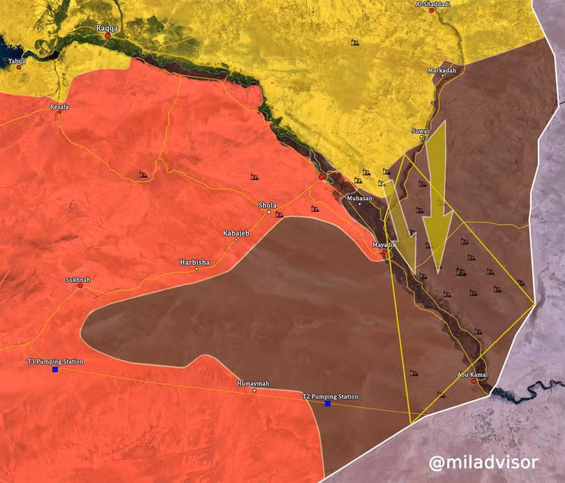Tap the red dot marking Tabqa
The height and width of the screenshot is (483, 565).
tap(19, 67)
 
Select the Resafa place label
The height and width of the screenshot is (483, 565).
tap(59, 107)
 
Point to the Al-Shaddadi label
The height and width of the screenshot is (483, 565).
tap(431, 4)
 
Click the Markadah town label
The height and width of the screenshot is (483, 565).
tap(442, 70)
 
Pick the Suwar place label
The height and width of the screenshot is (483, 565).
tap(421, 130)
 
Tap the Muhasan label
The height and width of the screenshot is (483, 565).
tap(360, 198)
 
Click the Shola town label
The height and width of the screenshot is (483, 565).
tap(267, 205)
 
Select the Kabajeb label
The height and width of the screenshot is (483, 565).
tap(236, 232)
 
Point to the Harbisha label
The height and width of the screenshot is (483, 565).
tap(195, 262)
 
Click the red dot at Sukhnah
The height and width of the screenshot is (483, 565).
tap(80, 285)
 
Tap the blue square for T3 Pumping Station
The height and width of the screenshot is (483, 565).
tap(55, 369)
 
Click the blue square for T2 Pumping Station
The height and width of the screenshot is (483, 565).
tap(327, 403)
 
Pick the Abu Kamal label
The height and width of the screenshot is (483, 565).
tap(472, 375)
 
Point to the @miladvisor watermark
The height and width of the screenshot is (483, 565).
tap(483, 462)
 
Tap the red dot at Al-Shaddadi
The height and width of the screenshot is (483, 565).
tap(432, 11)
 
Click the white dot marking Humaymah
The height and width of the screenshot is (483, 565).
tap(254, 391)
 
